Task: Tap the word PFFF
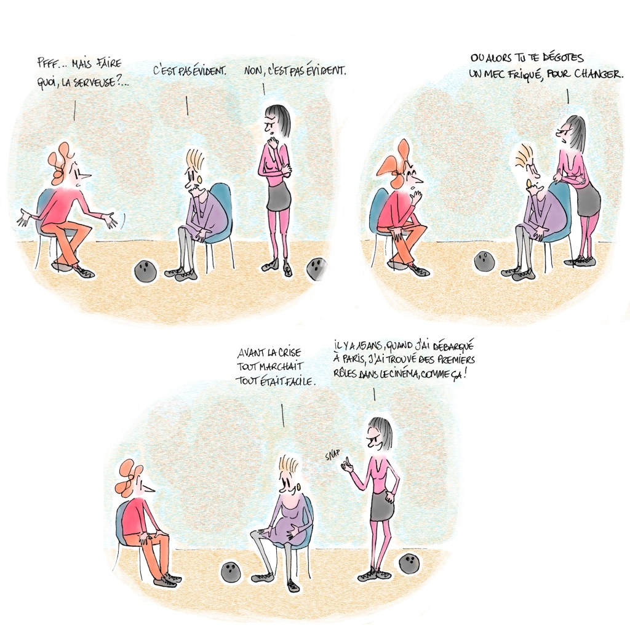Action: click(x=45, y=63)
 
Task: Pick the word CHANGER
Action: click(x=599, y=74)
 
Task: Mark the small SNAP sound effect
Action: click(x=333, y=455)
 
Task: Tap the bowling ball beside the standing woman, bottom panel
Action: click(x=409, y=564)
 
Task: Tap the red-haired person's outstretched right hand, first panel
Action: click(x=110, y=220)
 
